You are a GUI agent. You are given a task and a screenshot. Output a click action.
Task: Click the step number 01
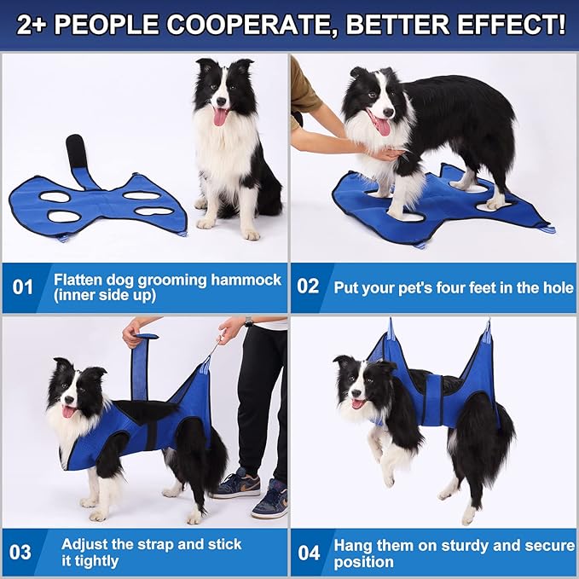coord(24,287)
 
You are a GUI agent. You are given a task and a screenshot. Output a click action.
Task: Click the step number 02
coord(309,287)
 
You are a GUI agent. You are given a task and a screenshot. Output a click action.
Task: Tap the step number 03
coord(20,552)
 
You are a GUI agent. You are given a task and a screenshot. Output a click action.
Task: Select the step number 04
coord(309,552)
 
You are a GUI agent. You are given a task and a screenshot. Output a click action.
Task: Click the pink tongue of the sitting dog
coord(220,117)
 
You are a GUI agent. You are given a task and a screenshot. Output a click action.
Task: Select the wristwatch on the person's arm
coord(248,322)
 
